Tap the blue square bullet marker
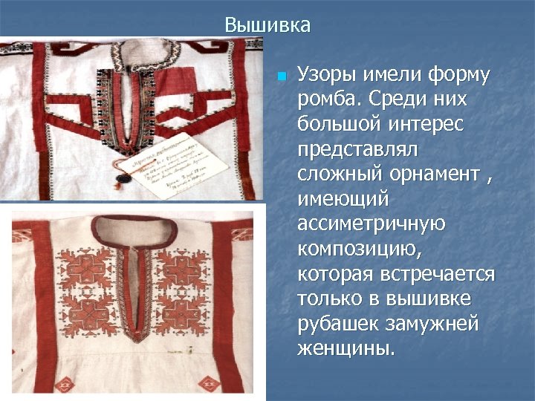coord(282,76)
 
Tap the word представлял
coord(358,149)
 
